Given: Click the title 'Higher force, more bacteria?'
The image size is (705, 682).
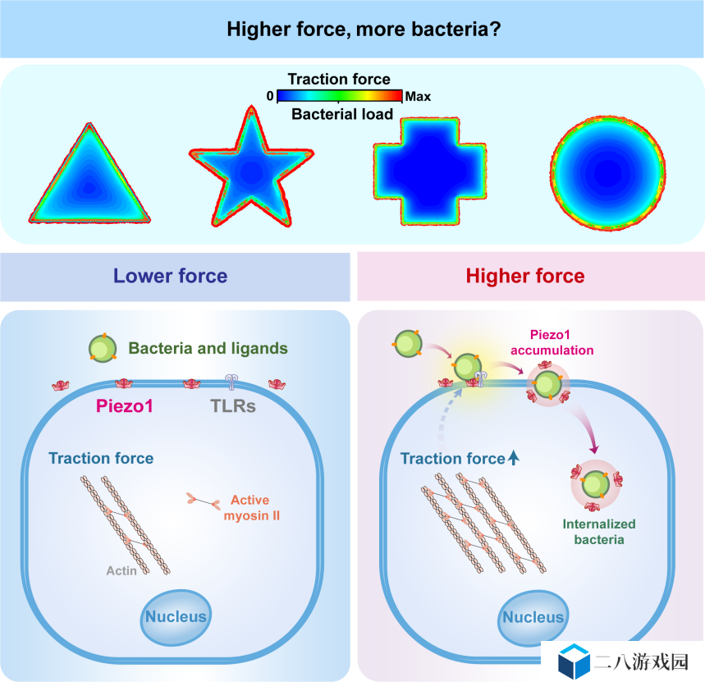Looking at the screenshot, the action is click(364, 30).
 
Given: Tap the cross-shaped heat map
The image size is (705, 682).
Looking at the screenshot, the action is click(430, 172).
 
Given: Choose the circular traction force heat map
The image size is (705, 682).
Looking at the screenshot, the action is click(608, 173).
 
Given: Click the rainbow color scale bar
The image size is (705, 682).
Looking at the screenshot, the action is click(340, 96).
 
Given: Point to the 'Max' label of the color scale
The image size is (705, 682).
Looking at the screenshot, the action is click(418, 97).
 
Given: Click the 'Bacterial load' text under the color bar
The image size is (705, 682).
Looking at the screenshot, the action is click(342, 114).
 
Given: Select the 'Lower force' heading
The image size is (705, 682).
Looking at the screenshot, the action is click(171, 276).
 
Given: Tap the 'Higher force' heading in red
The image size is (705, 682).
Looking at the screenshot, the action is click(525, 276).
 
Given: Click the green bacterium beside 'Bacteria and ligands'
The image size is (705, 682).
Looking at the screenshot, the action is click(103, 349).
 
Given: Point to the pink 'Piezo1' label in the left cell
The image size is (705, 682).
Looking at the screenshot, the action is click(125, 406).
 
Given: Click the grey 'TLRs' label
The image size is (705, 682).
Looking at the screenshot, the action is click(233, 406).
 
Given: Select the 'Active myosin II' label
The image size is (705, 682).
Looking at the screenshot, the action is click(251, 507).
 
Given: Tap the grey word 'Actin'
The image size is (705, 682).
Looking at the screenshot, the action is click(121, 570).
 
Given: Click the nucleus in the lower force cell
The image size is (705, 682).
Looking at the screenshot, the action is click(176, 617).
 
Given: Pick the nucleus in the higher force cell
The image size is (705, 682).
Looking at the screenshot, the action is click(533, 618).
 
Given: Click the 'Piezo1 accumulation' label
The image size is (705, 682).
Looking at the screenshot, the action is click(552, 342).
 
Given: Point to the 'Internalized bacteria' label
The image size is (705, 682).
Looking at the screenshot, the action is click(599, 531).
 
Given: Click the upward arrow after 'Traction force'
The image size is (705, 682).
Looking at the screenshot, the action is click(514, 458).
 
